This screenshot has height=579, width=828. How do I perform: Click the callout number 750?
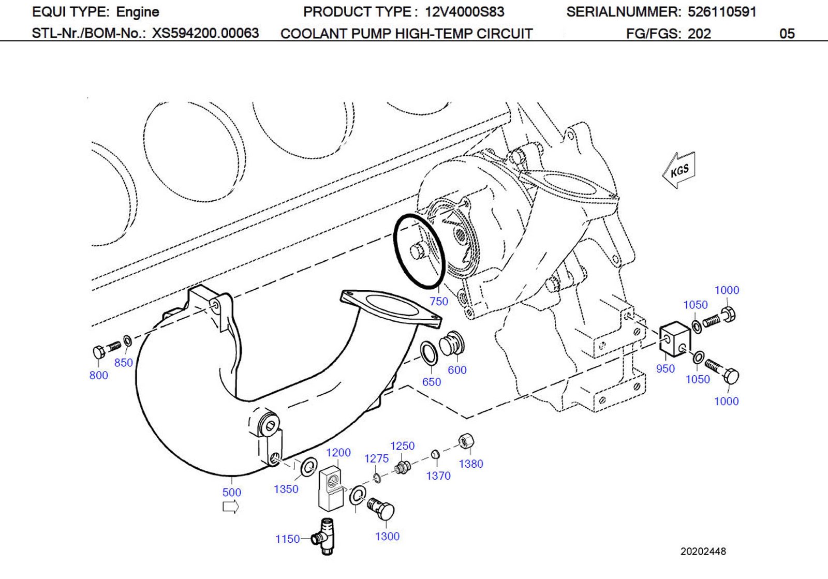pos(439,301)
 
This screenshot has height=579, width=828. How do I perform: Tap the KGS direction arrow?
pos(679,170)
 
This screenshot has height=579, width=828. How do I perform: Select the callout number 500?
pos(231,492)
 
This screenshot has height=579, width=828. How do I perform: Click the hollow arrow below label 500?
pos(230,507)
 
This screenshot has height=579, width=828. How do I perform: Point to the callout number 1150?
pos(287,539)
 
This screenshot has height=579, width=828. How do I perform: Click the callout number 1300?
pos(387,537)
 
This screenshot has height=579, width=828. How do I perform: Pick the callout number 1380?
pos(471,464)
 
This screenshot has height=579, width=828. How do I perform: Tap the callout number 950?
pos(666,368)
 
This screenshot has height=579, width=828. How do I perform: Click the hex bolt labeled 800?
pos(100,352)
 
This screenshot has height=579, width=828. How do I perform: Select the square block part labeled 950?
pos(675,338)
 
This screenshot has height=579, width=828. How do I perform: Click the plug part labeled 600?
pos(452,344)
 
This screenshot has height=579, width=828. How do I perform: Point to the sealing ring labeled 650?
pos(430,353)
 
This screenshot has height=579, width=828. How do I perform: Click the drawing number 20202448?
pos(703,552)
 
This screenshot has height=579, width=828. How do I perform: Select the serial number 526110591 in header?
pos(722,12)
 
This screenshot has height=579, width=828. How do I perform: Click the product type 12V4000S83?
pos(464,12)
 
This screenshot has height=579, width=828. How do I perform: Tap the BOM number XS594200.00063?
pos(205,34)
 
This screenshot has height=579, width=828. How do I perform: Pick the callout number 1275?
pos(376,458)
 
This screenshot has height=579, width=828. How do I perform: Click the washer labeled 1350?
pos(309,467)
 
